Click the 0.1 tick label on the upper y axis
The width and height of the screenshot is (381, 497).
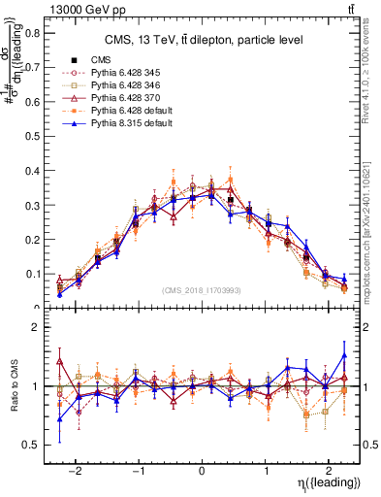pyautogui.click(x=34, y=274)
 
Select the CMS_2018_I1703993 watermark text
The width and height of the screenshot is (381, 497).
pyautogui.click(x=202, y=290)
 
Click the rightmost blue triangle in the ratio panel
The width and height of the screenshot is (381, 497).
pyautogui.click(x=343, y=354)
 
